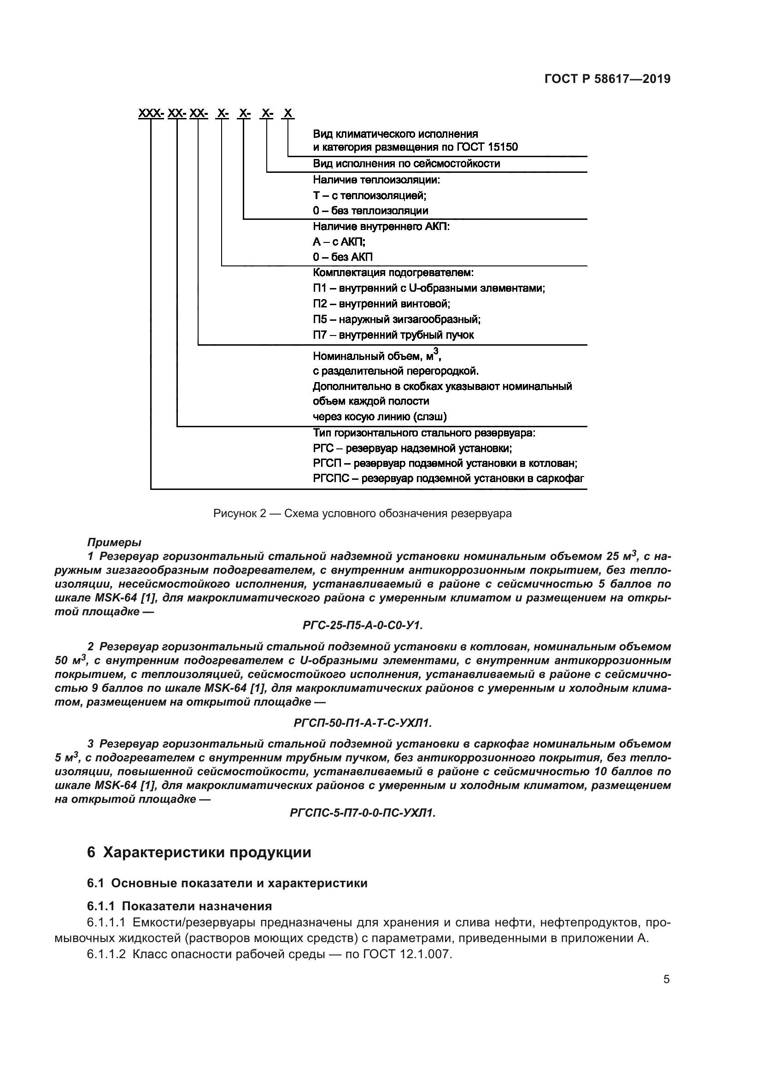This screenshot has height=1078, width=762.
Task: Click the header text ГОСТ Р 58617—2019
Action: click(x=607, y=79)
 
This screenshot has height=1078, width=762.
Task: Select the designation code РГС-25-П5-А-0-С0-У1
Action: click(x=363, y=625)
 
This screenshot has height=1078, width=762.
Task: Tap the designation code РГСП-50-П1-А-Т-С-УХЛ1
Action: click(x=362, y=723)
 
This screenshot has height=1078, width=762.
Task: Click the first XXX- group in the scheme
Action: click(x=151, y=114)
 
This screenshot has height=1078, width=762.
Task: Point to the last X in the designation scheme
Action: click(x=288, y=114)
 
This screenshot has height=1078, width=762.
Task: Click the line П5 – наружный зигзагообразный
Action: click(x=397, y=319)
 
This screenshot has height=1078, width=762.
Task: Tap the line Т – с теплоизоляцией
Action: click(x=370, y=195)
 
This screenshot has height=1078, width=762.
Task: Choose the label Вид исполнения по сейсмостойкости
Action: click(x=406, y=164)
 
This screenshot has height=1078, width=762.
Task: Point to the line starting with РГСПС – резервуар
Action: click(x=448, y=478)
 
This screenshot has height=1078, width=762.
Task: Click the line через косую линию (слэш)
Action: click(x=380, y=417)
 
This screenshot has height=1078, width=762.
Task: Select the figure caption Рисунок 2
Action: click(x=362, y=513)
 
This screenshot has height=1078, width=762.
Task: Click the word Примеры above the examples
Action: click(x=114, y=542)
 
